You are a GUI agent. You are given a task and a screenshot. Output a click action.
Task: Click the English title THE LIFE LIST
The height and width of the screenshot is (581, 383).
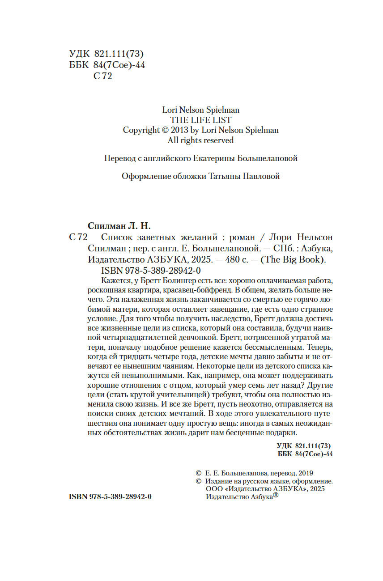[x=200, y=119]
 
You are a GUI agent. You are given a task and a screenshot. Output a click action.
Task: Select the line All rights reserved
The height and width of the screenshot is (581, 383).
[x=200, y=140]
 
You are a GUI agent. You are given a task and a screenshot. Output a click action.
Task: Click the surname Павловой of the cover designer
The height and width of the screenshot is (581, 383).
[x=261, y=176]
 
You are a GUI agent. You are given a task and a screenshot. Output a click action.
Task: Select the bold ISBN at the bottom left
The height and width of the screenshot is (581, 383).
[x=110, y=497]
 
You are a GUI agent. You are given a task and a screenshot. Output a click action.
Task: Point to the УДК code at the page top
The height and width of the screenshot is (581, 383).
[x=106, y=54]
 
